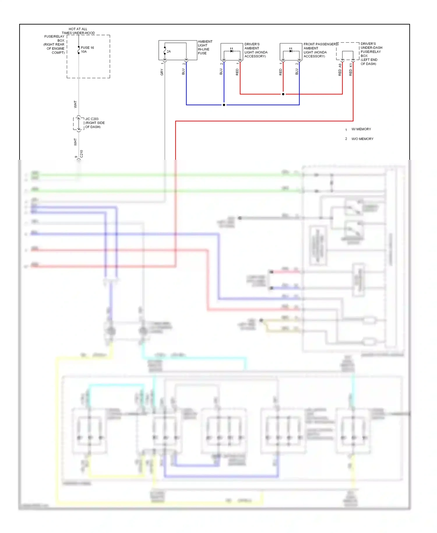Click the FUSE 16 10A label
pos(87,50)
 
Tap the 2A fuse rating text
pos(169,52)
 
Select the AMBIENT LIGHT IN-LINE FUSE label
pos(205,47)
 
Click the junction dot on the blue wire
pos(224,105)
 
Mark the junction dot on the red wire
pos(283,94)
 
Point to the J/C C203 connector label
pos(94,123)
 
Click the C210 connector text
pos(82,154)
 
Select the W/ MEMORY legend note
pos(361,129)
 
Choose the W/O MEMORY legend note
pos(362,139)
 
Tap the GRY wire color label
pos(162,72)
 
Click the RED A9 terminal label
pos(340,70)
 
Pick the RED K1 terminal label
pos(350,70)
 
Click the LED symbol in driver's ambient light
pos(232,51)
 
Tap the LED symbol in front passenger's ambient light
pos(291,51)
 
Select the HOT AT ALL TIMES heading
pos(78,31)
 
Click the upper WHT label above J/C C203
pos(75,104)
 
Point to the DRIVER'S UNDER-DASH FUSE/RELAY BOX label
pos(371,54)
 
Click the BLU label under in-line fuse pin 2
pos(183,71)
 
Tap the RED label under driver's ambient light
pos(237,72)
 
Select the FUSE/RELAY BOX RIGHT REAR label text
pos(54,45)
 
